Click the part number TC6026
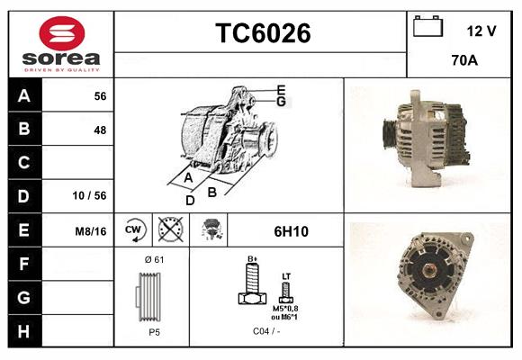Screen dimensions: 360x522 coord(263,34)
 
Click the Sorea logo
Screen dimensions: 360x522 coord(62,44)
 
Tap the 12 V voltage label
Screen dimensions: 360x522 coord(481,31)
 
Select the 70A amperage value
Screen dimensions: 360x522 coord(464,60)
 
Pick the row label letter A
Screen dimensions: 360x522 coord(24,95)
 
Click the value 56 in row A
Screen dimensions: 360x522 coord(100,95)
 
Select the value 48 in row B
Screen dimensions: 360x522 coord(100,130)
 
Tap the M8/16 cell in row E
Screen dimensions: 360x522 coord(92,231)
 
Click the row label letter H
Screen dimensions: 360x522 coord(24,330)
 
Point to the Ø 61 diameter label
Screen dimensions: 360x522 coord(153,259)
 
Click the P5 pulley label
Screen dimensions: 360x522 coord(154,331)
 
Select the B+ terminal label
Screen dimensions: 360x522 coord(253,260)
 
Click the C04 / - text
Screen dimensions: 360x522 coord(265,331)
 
